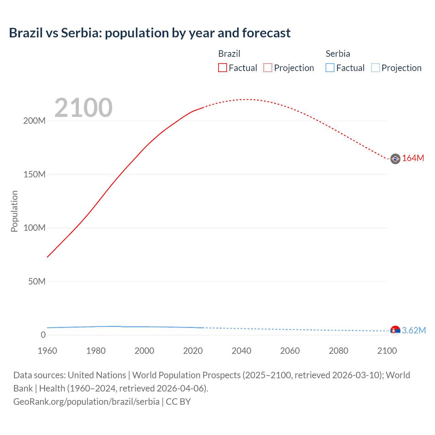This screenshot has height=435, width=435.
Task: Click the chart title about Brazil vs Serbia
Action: coord(150,33)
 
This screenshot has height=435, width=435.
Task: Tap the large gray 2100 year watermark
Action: coord(83,108)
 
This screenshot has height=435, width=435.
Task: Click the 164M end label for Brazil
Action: coord(413,158)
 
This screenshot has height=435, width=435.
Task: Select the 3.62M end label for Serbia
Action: coord(414,330)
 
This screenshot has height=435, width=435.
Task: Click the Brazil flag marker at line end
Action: coord(395,159)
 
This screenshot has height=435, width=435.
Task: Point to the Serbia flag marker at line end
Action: coord(395,330)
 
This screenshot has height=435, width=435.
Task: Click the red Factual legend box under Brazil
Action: coord(223,68)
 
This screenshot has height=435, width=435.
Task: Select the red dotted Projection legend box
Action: coord(268,68)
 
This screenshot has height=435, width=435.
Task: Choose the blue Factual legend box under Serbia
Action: coord(330,68)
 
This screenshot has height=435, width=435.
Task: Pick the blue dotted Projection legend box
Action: coord(375,68)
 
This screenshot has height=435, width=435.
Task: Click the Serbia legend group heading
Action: coord(337,54)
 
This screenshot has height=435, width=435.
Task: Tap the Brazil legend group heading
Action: coord(229,54)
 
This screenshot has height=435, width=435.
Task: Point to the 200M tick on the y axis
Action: coord(34,121)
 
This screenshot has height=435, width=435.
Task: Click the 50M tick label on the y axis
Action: coord(37,281)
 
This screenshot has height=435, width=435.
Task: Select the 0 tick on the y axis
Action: coord(43,335)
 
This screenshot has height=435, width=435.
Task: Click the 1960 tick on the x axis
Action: coord(47,351)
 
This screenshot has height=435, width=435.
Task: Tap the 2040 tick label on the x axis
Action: coord(241,351)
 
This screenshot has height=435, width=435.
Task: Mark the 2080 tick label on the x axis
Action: coord(338,351)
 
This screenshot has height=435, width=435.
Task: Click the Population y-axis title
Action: coord(14,211)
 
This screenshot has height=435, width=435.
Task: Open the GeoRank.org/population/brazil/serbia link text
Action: coord(86,402)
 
